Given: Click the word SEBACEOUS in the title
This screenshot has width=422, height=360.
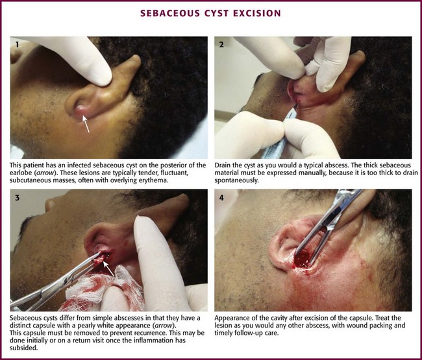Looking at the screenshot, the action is click(170, 14).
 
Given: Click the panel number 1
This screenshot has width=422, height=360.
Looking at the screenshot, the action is click(18, 44).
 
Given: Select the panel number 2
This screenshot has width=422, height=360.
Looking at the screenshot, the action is click(221, 44).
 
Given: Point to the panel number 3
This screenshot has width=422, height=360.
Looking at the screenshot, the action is click(18, 198).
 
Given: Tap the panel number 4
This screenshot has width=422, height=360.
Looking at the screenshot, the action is click(221, 198).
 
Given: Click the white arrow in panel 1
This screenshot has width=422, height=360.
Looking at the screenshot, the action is click(86, 124).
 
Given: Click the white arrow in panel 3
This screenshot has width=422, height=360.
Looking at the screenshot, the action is click(109, 269).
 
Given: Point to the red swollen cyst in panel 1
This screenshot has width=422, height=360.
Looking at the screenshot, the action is click(82, 111).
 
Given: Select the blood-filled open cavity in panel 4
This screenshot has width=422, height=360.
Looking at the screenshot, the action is click(304, 259).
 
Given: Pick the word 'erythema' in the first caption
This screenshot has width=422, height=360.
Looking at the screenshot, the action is click(156, 180).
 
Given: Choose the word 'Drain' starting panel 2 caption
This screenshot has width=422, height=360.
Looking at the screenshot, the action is click(222, 165).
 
